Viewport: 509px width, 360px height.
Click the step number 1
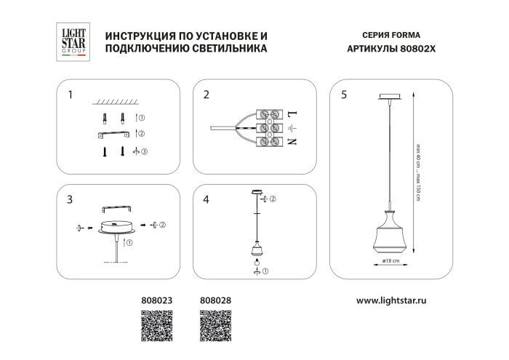70,95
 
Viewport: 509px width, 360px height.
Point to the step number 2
207,95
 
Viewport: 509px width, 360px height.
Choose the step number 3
70,199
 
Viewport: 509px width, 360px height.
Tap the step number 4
207,199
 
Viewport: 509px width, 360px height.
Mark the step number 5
343,95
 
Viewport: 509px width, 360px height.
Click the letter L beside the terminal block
292,115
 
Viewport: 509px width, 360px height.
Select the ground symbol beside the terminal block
292,128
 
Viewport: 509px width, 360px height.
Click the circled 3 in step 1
144,151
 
